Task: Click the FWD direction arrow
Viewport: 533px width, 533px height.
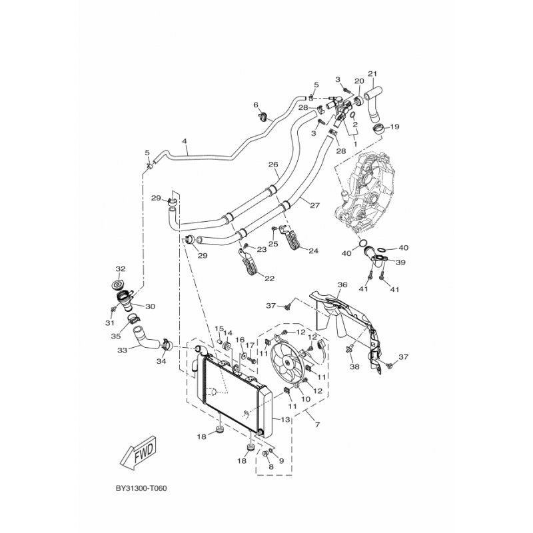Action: pyautogui.click(x=138, y=453)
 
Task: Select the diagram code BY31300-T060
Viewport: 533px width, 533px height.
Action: pyautogui.click(x=141, y=488)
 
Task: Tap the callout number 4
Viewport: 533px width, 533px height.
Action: pyautogui.click(x=185, y=141)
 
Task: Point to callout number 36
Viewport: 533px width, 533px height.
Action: pyautogui.click(x=342, y=284)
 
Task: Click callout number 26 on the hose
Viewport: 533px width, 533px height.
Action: pyautogui.click(x=273, y=165)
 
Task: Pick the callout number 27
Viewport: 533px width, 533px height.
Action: pyautogui.click(x=314, y=205)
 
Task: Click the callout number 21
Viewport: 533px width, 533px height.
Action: pyautogui.click(x=372, y=74)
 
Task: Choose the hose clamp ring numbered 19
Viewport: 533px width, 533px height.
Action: pyautogui.click(x=379, y=129)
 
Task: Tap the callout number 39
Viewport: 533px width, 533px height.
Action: pyautogui.click(x=401, y=263)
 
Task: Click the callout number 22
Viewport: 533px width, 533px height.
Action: pyautogui.click(x=269, y=278)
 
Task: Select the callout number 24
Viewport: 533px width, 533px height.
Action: pyautogui.click(x=313, y=251)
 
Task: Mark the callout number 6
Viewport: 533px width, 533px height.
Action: pyautogui.click(x=256, y=105)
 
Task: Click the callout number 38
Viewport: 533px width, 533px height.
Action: pyautogui.click(x=354, y=367)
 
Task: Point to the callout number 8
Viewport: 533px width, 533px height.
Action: pyautogui.click(x=271, y=467)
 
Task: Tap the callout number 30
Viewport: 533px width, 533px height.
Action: pyautogui.click(x=150, y=306)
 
